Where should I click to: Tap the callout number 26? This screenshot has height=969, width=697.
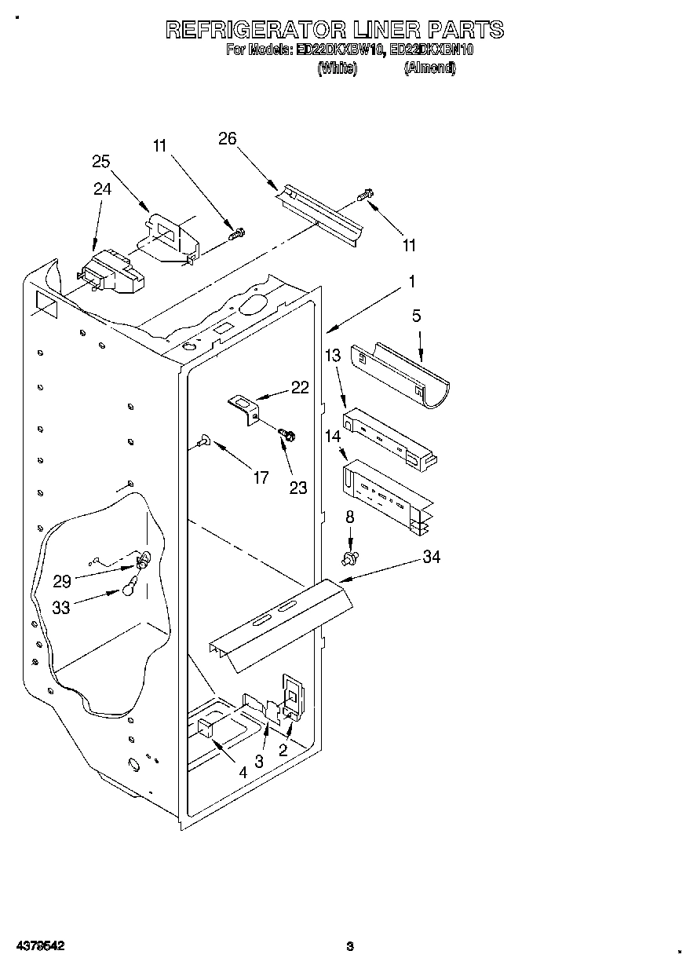point(228,139)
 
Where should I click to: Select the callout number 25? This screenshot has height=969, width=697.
point(100,162)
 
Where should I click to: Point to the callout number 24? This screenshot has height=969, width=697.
point(102,188)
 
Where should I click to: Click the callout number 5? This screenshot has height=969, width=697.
point(416,316)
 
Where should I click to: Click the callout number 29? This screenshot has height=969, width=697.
point(63,581)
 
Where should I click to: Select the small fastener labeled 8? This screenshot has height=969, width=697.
point(350,558)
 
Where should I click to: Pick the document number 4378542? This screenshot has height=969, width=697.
point(38,946)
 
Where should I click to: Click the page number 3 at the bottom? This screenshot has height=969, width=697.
point(351,946)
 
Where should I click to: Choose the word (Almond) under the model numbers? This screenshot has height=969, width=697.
point(429,68)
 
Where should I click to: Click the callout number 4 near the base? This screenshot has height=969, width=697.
point(243,773)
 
